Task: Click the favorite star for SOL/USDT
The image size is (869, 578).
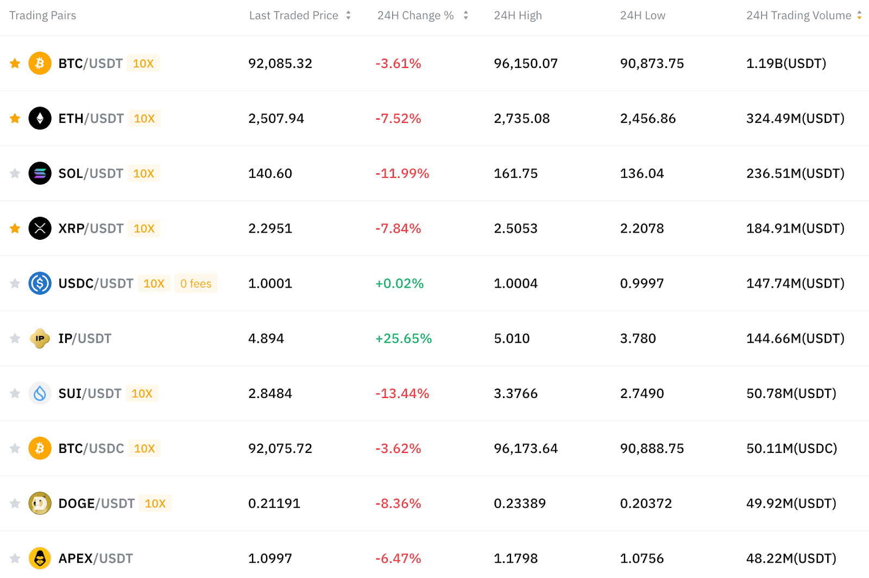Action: [15, 173]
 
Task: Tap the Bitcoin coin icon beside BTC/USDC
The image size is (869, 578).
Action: [40, 448]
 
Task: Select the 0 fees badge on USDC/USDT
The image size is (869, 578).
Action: [196, 283]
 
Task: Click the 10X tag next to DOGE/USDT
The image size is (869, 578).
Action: [155, 504]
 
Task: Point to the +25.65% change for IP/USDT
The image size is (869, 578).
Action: [404, 338]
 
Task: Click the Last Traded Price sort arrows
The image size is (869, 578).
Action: [348, 15]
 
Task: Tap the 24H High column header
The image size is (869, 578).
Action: [518, 15]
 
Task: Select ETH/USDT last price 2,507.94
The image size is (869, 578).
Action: [276, 119]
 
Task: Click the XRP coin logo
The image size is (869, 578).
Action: [40, 228]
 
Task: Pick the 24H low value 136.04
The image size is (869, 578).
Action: [642, 173]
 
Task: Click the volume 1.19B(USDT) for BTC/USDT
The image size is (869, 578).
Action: [786, 63]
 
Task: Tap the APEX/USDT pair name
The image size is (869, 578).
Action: [96, 558]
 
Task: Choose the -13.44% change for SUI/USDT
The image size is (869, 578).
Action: [402, 394]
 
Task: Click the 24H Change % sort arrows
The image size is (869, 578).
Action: [465, 15]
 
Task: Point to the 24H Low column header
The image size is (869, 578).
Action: [643, 15]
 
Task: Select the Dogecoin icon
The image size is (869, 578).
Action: [40, 504]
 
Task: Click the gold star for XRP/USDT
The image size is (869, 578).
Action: [15, 228]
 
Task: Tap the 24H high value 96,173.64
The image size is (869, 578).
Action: [526, 449]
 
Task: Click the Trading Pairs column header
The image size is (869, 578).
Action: [43, 15]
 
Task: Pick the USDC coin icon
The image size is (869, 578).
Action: [40, 283]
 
